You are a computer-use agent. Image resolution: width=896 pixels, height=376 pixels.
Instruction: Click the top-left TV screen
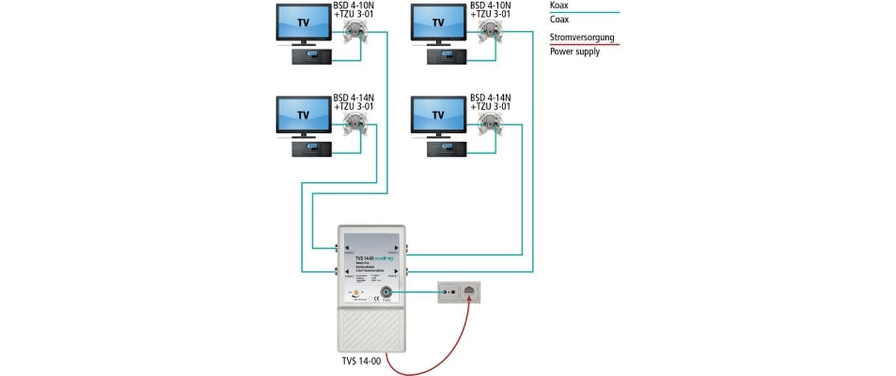tap(303, 23)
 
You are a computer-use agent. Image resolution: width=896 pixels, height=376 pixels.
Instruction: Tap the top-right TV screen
tap(438, 23)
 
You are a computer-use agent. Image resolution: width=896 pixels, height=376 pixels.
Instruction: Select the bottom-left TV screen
tap(303, 115)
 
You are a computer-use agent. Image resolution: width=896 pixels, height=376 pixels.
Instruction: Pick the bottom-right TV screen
tap(438, 115)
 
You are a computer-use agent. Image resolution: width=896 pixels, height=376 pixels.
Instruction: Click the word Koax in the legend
tap(560, 5)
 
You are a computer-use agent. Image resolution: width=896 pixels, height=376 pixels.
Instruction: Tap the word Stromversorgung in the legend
tap(582, 38)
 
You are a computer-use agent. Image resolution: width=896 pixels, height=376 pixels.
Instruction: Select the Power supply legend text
tap(575, 51)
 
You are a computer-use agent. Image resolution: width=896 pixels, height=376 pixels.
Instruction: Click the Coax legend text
tap(560, 19)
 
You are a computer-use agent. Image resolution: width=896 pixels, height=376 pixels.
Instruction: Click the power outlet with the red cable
tap(470, 292)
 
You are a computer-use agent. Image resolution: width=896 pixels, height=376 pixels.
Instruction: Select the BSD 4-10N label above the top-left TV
tap(354, 6)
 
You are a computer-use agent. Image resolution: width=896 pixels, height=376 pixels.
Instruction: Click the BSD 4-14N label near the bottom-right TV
tap(491, 97)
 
